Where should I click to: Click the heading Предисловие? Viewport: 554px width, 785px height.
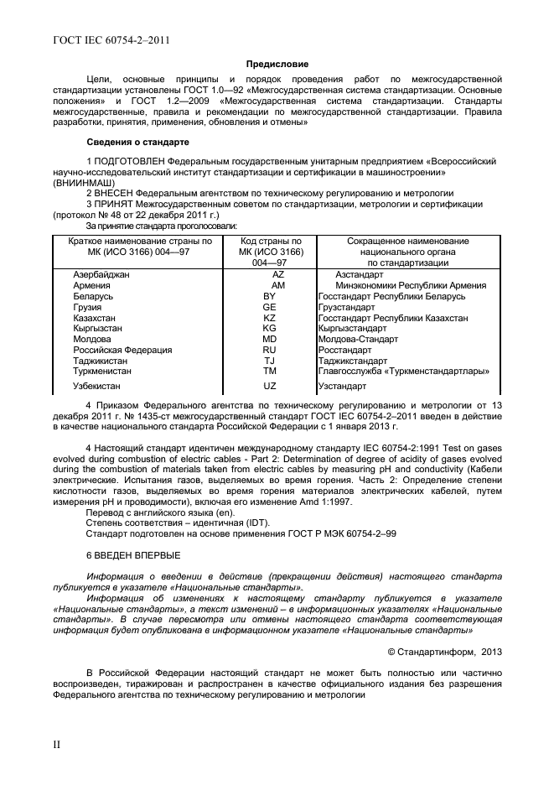277,64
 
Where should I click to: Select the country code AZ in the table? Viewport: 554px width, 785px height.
279,274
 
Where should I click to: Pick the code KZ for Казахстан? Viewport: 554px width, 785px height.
269,319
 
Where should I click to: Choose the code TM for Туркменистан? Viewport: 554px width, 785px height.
269,370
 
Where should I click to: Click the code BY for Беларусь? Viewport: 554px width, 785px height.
269,297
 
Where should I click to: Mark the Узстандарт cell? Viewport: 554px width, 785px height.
342,387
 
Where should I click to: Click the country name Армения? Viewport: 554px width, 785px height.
92,286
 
